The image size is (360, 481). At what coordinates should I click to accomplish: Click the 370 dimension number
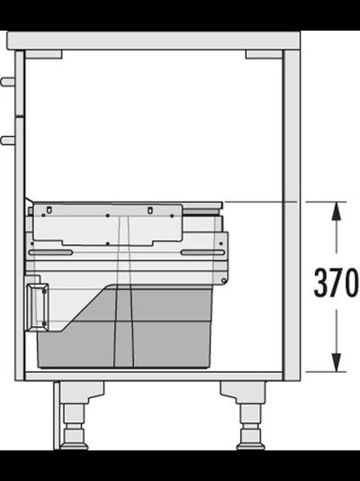point(336,282)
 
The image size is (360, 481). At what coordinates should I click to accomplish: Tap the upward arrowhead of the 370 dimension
point(337,211)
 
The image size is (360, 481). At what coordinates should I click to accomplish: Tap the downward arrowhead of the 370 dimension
point(337,362)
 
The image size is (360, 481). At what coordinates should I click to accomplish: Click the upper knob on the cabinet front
point(8,82)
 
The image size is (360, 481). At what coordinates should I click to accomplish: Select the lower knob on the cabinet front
point(8,141)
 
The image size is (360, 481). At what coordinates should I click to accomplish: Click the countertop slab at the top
point(153,41)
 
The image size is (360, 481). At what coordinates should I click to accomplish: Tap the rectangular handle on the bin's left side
point(38,307)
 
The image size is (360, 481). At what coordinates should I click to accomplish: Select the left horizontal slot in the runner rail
point(50,252)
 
